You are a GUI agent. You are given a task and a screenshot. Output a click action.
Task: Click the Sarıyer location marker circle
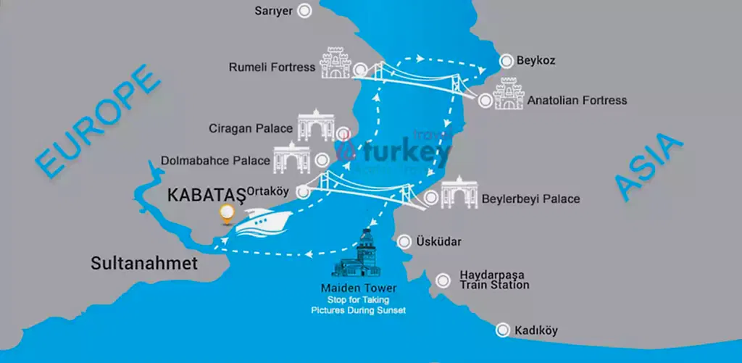pos(306,10)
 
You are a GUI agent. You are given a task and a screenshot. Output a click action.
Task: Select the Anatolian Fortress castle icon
pos(509,95)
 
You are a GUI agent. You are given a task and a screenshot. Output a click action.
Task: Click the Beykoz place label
pos(535,61)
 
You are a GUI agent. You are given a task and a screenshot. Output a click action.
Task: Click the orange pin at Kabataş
pos(228,214)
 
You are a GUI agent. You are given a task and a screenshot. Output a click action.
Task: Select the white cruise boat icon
pos(258,222)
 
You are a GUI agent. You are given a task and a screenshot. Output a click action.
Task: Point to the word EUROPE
pos(98,122)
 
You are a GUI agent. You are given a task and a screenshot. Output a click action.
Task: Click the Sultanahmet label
pos(144,264)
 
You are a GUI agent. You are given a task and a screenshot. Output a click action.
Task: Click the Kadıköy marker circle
pos(501,330)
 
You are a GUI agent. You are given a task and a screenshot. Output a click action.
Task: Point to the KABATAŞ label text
pos(206,195)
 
